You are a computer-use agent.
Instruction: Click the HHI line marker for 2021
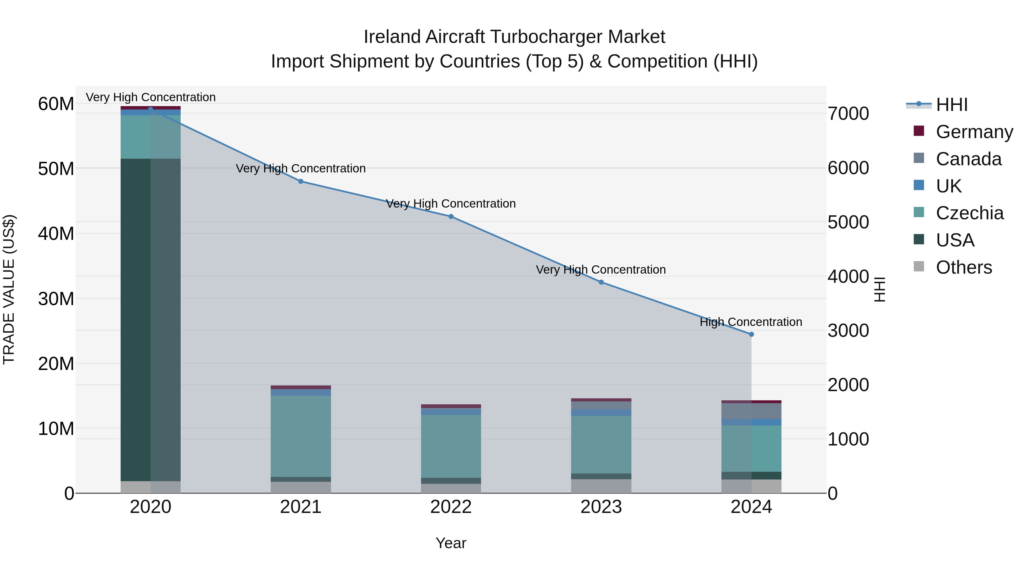[301, 181]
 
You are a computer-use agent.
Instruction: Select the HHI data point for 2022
[451, 216]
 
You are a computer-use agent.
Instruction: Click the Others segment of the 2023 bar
[601, 486]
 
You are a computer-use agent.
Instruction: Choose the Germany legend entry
[974, 132]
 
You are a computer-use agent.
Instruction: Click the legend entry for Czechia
[969, 213]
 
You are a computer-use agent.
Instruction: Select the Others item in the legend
[964, 267]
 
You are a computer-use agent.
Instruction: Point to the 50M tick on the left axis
[56, 169]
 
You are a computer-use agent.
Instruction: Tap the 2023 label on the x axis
[601, 507]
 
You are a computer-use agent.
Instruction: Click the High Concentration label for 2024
[751, 322]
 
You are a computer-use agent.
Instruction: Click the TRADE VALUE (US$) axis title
[9, 290]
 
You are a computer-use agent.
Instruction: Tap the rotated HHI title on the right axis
[880, 290]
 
